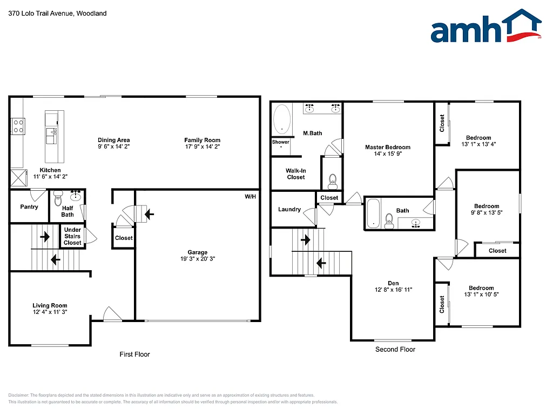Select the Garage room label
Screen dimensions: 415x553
[x=198, y=252]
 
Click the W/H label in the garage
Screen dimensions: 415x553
[x=250, y=197]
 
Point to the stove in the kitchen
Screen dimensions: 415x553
[x=18, y=126]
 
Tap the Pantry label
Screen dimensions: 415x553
[x=29, y=207]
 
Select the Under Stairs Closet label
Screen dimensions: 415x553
[x=72, y=236]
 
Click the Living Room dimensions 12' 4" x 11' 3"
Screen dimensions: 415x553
[x=50, y=312]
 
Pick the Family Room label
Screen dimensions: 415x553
[x=202, y=140]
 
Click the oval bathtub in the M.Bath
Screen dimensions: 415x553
[x=282, y=119]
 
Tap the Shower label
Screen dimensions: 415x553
[x=281, y=142]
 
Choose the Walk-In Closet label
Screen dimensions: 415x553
[x=295, y=173]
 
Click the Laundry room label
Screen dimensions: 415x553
[x=289, y=209]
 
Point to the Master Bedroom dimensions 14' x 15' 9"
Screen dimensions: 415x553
[x=387, y=153]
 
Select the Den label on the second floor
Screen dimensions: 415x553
[x=393, y=283]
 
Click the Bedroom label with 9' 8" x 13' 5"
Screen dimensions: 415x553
[x=487, y=206]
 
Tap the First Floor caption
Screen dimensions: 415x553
[x=134, y=354]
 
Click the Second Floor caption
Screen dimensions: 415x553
[x=395, y=350]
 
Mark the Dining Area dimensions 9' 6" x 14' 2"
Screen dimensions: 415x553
[x=113, y=146]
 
